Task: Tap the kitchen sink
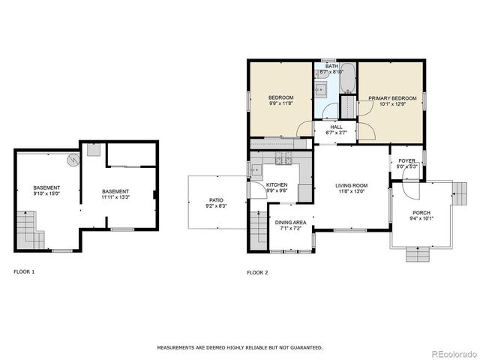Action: point(256,170)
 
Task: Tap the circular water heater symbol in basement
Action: point(72,160)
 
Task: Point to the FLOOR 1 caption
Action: point(24,271)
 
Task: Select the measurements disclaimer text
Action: point(239,347)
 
